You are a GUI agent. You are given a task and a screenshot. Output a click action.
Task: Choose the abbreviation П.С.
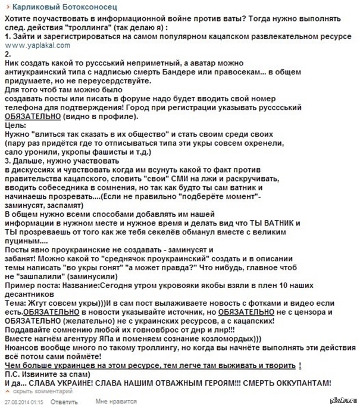point(14,375)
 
